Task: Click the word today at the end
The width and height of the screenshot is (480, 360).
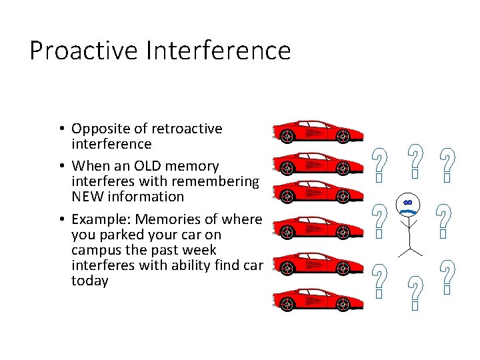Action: pyautogui.click(x=89, y=281)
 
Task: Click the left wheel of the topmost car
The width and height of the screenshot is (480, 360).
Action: pyautogui.click(x=287, y=136)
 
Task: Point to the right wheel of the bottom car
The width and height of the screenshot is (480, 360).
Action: pyautogui.click(x=343, y=305)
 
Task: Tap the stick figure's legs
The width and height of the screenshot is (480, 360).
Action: pyautogui.click(x=409, y=247)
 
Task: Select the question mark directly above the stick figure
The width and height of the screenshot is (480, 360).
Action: pyautogui.click(x=415, y=160)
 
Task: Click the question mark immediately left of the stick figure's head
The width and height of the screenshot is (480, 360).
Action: pyautogui.click(x=378, y=220)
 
